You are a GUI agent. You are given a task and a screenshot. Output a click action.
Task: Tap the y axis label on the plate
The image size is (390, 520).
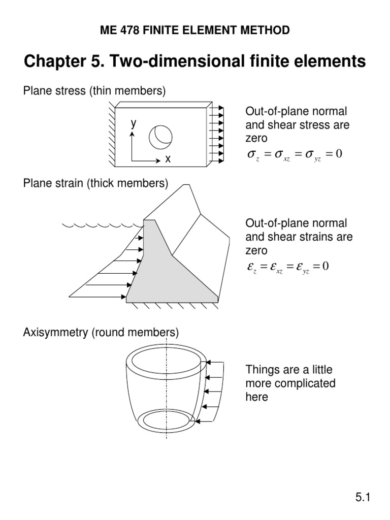coord(133,123)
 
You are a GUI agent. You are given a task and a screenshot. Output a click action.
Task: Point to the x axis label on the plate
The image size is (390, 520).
coord(167,159)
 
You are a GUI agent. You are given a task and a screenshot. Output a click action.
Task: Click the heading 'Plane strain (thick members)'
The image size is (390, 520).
coord(95,183)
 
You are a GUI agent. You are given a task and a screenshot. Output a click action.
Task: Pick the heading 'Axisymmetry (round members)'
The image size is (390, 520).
coord(101,333)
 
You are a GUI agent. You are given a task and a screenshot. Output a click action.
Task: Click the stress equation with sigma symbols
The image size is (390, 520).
coord(294,154)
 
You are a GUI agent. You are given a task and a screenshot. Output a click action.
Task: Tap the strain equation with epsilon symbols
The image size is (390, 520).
coord(287,266)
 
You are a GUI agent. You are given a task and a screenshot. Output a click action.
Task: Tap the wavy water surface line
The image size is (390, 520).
coord(102,224)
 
